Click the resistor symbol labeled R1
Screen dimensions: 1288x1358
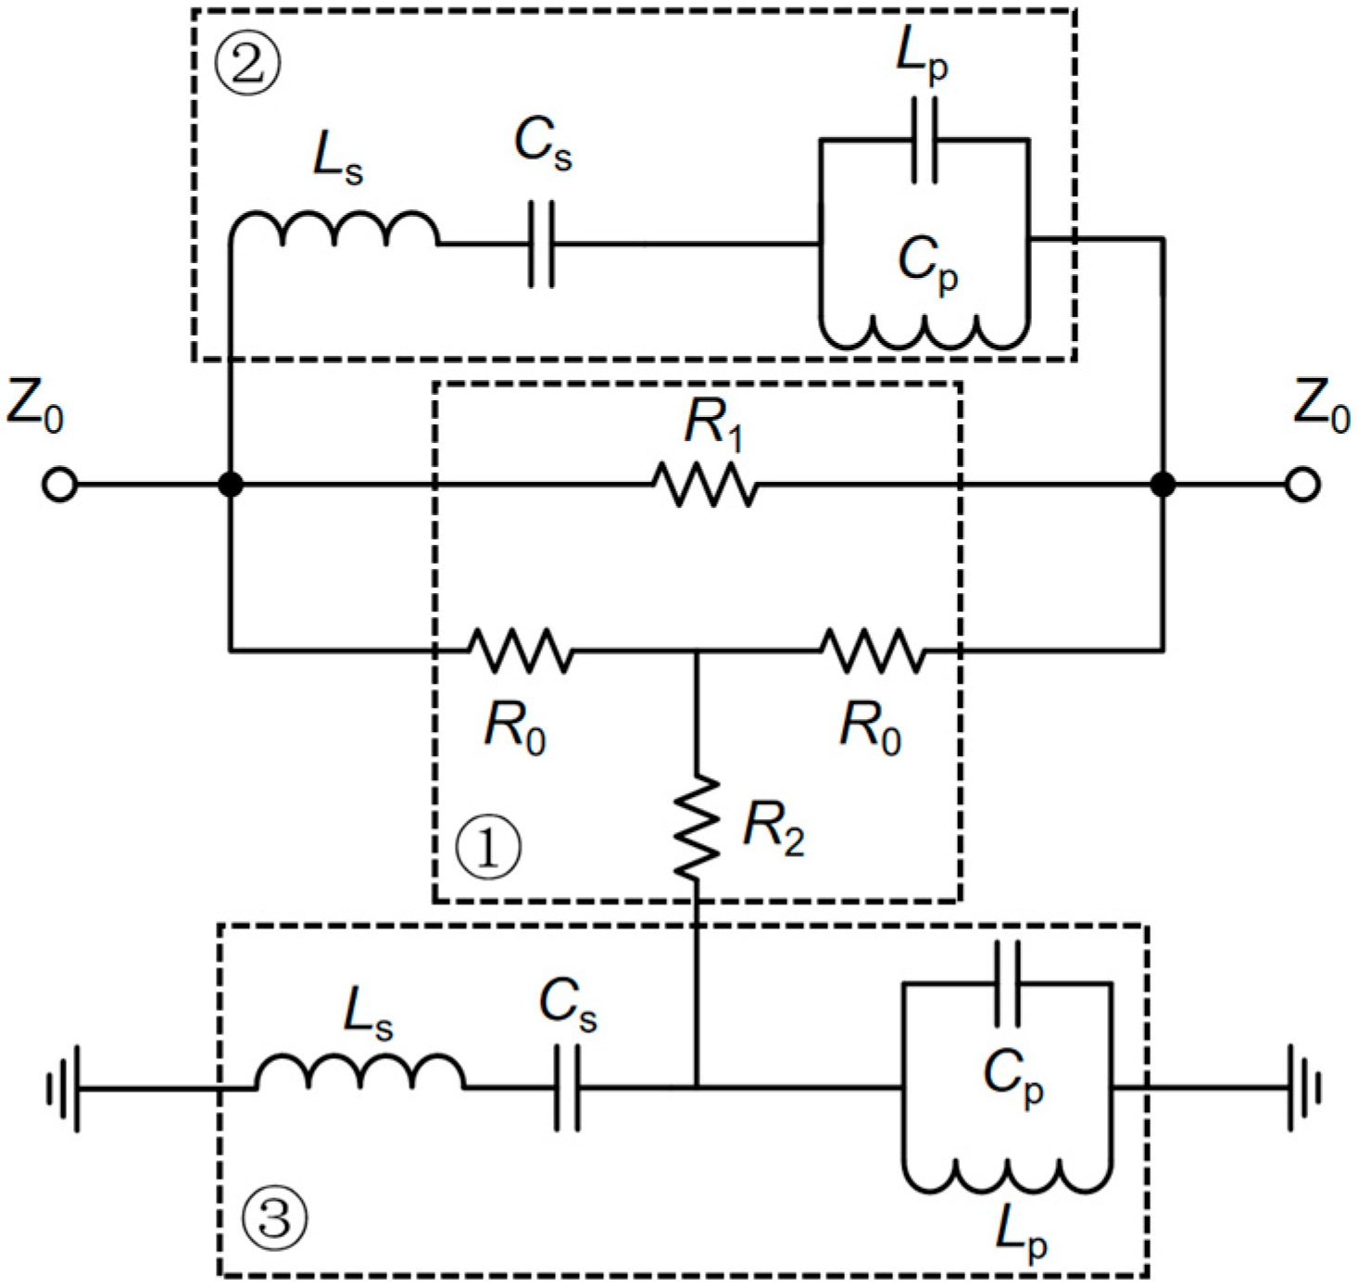click(x=705, y=485)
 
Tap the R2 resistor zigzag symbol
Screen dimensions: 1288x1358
click(x=697, y=827)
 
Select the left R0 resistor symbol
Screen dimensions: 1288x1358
click(x=520, y=650)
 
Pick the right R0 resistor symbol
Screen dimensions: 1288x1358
click(x=873, y=650)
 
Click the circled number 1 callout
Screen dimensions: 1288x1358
click(x=488, y=847)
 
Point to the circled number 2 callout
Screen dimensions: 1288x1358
click(x=247, y=66)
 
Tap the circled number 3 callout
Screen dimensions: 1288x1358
click(x=275, y=1217)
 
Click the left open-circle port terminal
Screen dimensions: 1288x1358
click(x=60, y=485)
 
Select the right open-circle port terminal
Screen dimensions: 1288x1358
click(x=1301, y=485)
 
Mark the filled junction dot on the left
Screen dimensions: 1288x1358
click(x=231, y=485)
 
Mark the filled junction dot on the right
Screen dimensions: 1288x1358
click(x=1163, y=485)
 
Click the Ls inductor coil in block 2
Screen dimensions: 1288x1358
click(x=334, y=231)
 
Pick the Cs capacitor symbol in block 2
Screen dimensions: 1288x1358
click(x=542, y=244)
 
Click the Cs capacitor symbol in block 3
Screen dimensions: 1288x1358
click(x=568, y=1088)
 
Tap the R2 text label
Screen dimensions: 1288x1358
click(x=773, y=827)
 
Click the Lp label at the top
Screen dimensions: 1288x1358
click(x=922, y=56)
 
